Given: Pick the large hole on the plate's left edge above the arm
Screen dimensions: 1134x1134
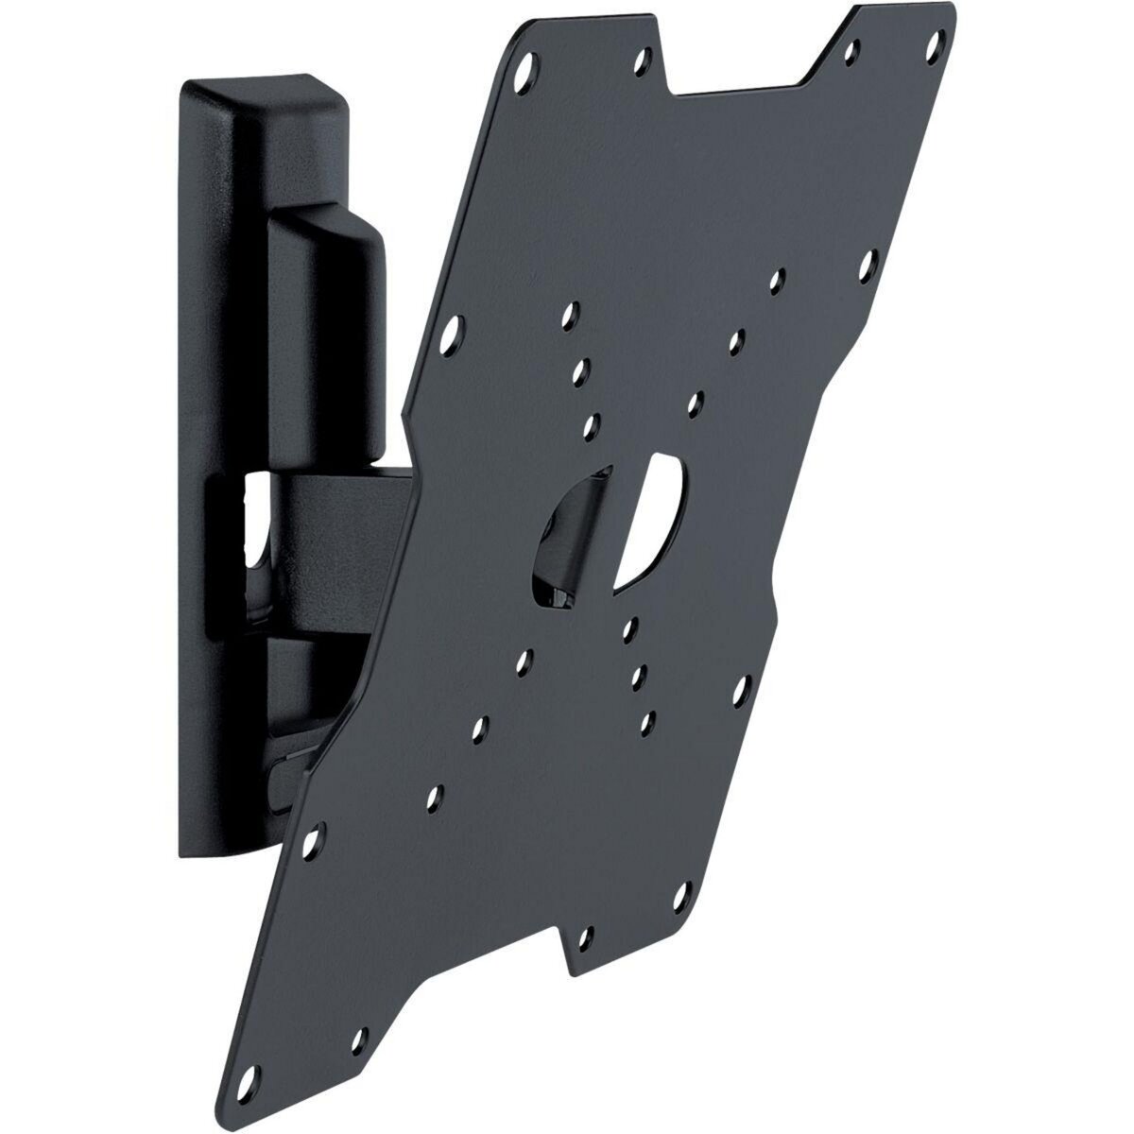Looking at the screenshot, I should tap(456, 330).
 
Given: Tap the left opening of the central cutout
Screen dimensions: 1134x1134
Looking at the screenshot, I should tap(558, 539).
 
